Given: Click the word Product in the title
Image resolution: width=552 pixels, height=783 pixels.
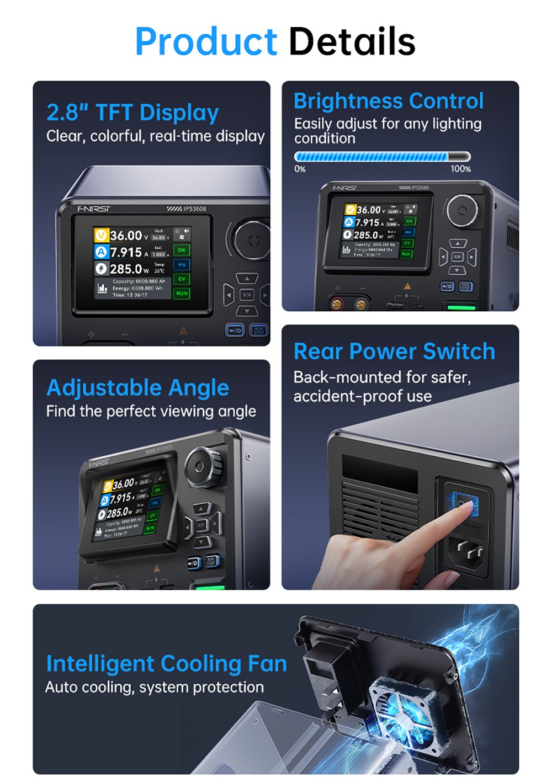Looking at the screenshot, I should pos(205,42).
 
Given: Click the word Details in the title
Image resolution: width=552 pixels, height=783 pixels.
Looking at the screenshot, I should pos(352,42).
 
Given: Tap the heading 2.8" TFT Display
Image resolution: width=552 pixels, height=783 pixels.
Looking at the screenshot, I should pos(132,113).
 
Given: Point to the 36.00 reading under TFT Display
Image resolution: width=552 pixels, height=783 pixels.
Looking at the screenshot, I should pos(126,236).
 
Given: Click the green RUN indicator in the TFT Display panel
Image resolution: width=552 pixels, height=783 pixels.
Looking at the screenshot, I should pos(182,294).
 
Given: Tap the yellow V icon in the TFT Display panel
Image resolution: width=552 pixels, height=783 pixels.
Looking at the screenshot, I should pos(100,236).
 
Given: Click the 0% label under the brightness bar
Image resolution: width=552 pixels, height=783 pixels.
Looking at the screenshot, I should pos(300,169).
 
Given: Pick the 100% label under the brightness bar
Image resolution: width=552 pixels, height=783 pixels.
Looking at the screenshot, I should pos(460,169).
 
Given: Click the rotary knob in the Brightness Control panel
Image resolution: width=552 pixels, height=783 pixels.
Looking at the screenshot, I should pos(462,210).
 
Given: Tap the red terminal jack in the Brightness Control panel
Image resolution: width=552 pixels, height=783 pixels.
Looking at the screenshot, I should pos(336,303).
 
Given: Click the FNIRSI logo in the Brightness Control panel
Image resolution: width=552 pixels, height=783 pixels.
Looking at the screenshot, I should pos(344,188).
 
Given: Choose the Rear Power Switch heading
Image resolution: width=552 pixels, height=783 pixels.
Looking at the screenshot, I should pos(394,351).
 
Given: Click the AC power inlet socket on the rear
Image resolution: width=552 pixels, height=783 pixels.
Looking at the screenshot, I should pos(468,550).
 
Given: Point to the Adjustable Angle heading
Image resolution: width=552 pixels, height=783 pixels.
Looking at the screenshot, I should pos(137,387).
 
